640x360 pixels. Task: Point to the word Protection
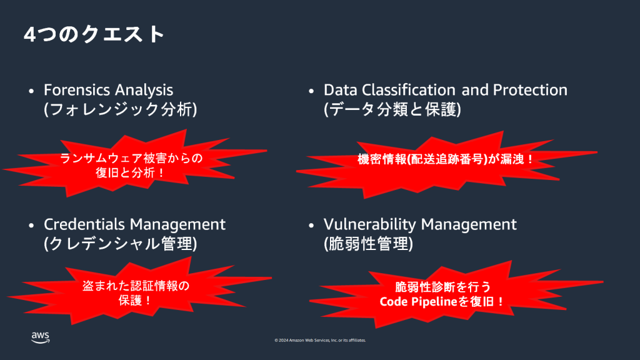(x=530, y=90)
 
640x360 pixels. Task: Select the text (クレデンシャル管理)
(x=121, y=243)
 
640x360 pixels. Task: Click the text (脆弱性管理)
(x=368, y=243)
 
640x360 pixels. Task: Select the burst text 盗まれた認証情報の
(x=136, y=286)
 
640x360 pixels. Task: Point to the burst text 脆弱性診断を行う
(x=443, y=287)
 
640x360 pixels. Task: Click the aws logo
(x=40, y=337)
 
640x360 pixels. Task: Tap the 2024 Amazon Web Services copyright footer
(x=320, y=341)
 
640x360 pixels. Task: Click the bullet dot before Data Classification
(x=311, y=91)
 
